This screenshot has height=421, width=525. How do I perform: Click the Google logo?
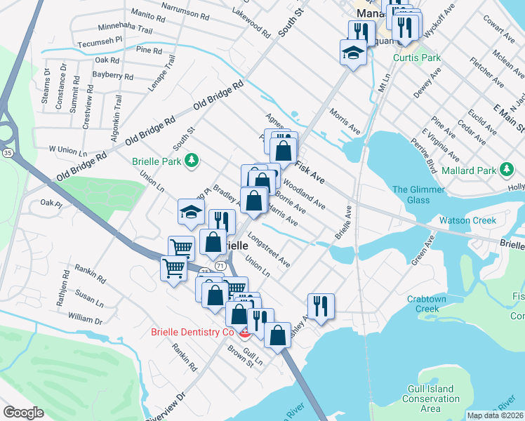tap(23, 413)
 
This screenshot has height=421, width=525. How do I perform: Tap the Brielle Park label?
tap(157, 161)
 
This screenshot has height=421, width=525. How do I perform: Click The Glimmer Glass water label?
tap(411, 194)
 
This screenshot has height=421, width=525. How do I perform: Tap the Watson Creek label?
tap(467, 220)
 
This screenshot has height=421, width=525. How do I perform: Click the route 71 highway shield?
tap(221, 266)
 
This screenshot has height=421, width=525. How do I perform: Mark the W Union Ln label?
tap(67, 150)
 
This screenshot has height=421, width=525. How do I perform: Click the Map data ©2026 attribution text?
tap(495, 415)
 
